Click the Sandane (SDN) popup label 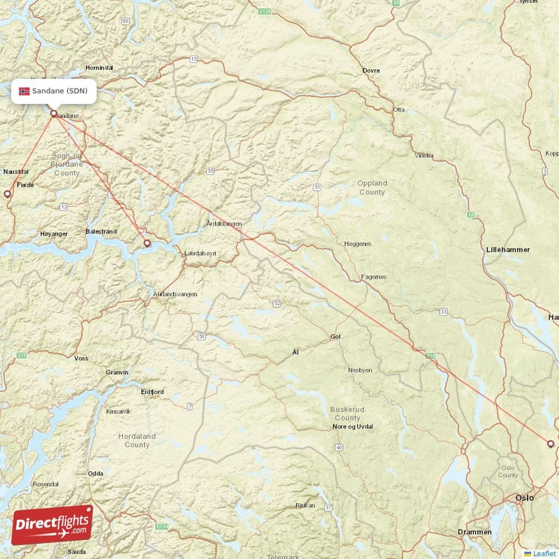[x=54, y=91]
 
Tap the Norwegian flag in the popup [x=24, y=91]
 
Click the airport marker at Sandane [x=54, y=113]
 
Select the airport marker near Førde [x=8, y=194]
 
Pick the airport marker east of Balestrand [x=147, y=243]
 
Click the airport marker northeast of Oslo [x=551, y=444]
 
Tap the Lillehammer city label [x=508, y=249]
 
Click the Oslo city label [x=524, y=498]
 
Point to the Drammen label [x=474, y=532]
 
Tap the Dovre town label [x=371, y=71]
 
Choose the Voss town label [x=81, y=358]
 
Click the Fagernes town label [x=373, y=277]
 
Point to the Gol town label [x=335, y=337]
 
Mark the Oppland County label [x=372, y=187]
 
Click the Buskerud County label [x=346, y=414]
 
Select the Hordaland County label [x=137, y=440]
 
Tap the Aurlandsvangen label [x=175, y=294]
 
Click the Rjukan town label [x=305, y=504]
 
